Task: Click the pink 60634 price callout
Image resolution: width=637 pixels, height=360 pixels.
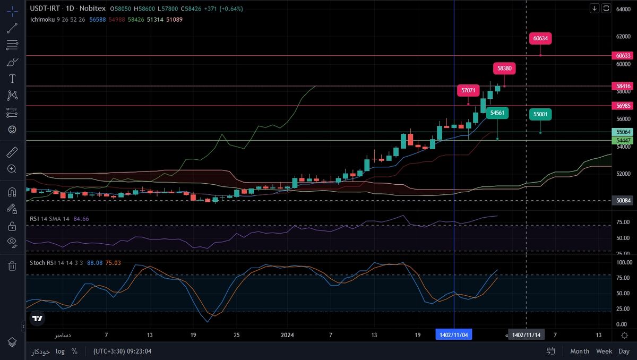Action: coord(540,38)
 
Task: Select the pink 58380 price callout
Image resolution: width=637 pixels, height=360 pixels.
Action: coord(504,68)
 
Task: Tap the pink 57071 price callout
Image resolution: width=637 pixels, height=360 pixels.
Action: coord(468,90)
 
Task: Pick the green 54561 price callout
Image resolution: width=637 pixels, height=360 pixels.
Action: coord(497,113)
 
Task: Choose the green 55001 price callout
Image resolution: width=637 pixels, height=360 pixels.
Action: coord(540,114)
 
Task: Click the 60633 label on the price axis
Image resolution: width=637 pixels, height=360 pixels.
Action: coord(623,55)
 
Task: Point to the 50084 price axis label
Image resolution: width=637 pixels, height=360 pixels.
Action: coord(623,200)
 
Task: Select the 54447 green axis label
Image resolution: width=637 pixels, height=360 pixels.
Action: coord(623,140)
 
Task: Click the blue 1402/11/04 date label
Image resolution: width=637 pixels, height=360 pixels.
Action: coord(454,335)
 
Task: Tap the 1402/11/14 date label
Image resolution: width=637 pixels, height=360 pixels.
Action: coord(526,335)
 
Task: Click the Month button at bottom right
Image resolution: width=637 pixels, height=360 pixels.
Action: coord(580,351)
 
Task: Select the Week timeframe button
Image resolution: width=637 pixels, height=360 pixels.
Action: coord(604,351)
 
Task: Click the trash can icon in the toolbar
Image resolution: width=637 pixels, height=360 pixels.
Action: coord(12,266)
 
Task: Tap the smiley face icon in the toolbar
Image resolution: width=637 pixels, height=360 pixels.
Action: coord(12,129)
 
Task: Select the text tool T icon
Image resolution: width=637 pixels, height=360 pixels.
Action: coord(12,79)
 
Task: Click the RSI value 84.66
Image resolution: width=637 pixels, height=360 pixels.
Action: coord(81,218)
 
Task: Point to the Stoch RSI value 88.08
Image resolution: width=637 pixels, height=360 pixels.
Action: coord(94,263)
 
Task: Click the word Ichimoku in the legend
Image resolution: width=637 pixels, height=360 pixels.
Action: coord(42,19)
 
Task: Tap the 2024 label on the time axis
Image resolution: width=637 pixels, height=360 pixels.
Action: coord(287,335)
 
